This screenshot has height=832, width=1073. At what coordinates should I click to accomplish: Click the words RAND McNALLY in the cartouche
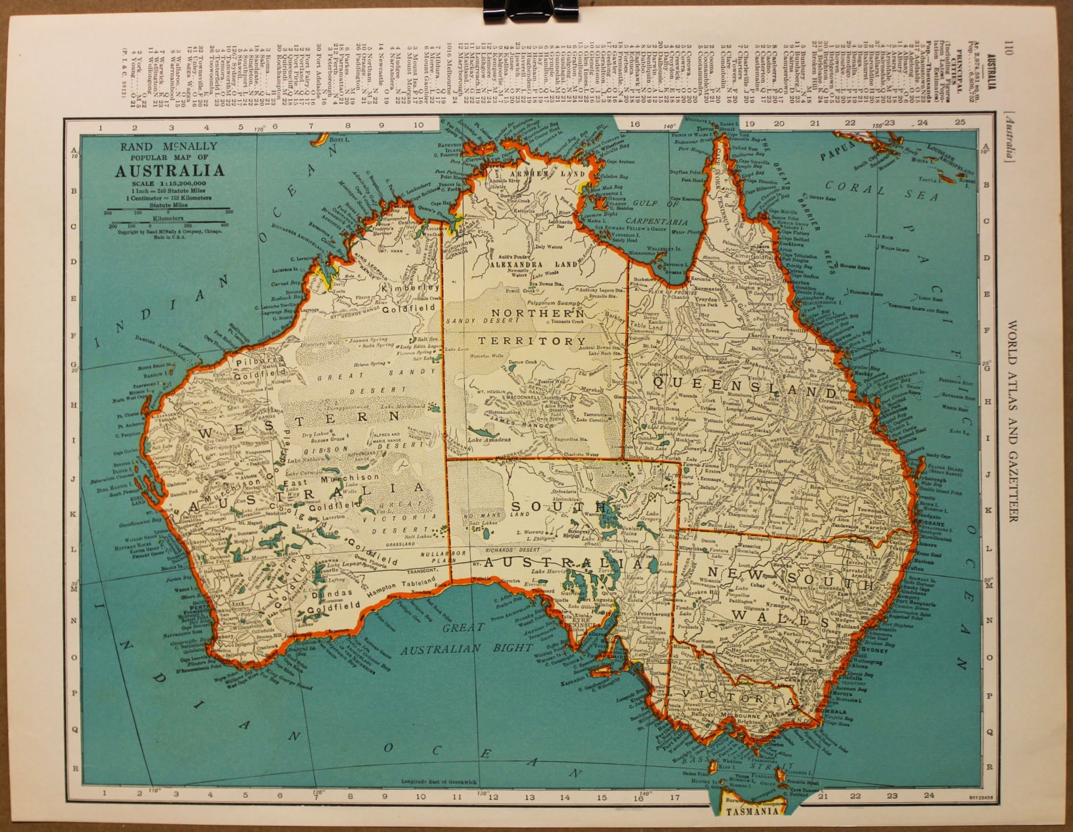(x=170, y=147)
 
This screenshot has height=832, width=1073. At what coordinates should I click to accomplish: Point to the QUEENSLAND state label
(x=744, y=391)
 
